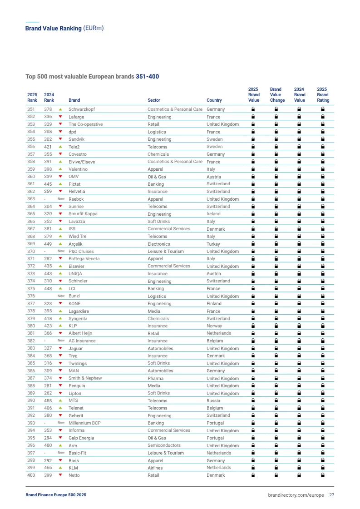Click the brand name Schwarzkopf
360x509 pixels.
(82, 109)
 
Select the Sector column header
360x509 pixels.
(154, 100)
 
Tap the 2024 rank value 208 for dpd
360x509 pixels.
(48, 132)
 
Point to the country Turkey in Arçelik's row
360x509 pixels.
(213, 244)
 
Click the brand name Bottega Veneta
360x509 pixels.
(84, 259)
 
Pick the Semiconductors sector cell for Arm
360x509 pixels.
(164, 445)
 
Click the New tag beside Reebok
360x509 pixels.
(61, 199)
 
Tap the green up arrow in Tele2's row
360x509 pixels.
(60, 147)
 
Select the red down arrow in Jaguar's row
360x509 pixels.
(60, 348)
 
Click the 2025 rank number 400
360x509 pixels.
(31, 475)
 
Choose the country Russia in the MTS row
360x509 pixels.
(213, 400)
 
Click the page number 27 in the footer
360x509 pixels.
(332, 495)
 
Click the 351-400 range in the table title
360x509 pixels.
(147, 77)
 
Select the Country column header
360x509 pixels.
(214, 100)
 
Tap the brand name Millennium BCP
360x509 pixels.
(84, 423)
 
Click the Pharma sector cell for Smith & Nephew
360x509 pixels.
(155, 378)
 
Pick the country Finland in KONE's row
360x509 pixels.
(214, 303)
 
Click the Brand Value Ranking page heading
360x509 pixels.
(53, 28)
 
